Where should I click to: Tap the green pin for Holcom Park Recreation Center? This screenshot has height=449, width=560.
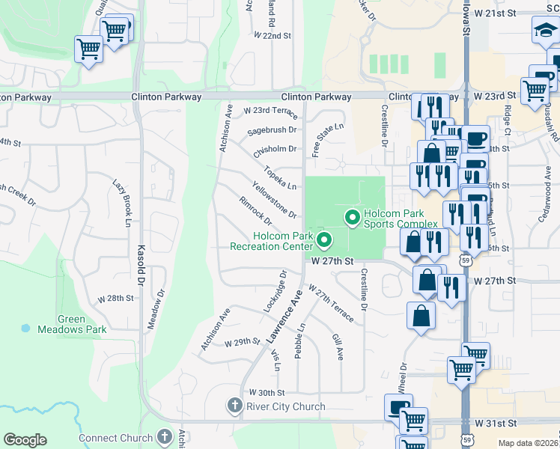(x=324, y=240)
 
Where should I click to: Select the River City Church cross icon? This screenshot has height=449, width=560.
(x=234, y=406)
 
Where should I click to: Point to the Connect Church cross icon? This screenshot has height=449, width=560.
(x=165, y=437)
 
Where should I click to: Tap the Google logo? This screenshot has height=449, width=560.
(x=25, y=440)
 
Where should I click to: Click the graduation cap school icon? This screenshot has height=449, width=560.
(x=544, y=31)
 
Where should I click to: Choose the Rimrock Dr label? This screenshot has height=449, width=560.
(x=255, y=212)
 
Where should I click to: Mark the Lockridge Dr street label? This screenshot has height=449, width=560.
(x=276, y=292)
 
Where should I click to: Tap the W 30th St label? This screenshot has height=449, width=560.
(x=267, y=392)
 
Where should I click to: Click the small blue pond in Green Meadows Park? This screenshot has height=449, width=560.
(x=26, y=328)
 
